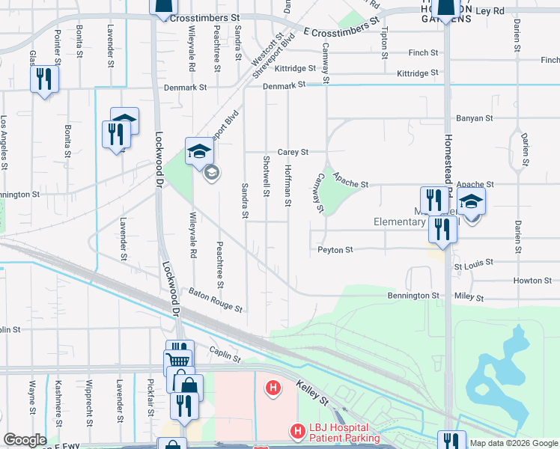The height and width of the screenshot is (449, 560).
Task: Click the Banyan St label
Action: [x=475, y=118]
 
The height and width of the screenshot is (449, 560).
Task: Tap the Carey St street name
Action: [x=293, y=152]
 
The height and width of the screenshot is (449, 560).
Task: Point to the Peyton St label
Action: [x=335, y=250]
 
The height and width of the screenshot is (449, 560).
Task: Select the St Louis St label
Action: [x=474, y=263]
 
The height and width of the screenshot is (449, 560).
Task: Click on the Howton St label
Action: [x=532, y=281]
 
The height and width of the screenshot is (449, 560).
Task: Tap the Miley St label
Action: [x=469, y=297]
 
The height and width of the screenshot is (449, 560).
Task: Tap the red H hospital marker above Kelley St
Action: [x=274, y=388]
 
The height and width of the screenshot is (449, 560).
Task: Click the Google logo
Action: [x=25, y=440]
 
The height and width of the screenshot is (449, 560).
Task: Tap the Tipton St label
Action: [x=385, y=43]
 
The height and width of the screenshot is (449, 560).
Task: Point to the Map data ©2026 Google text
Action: [x=513, y=443]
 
